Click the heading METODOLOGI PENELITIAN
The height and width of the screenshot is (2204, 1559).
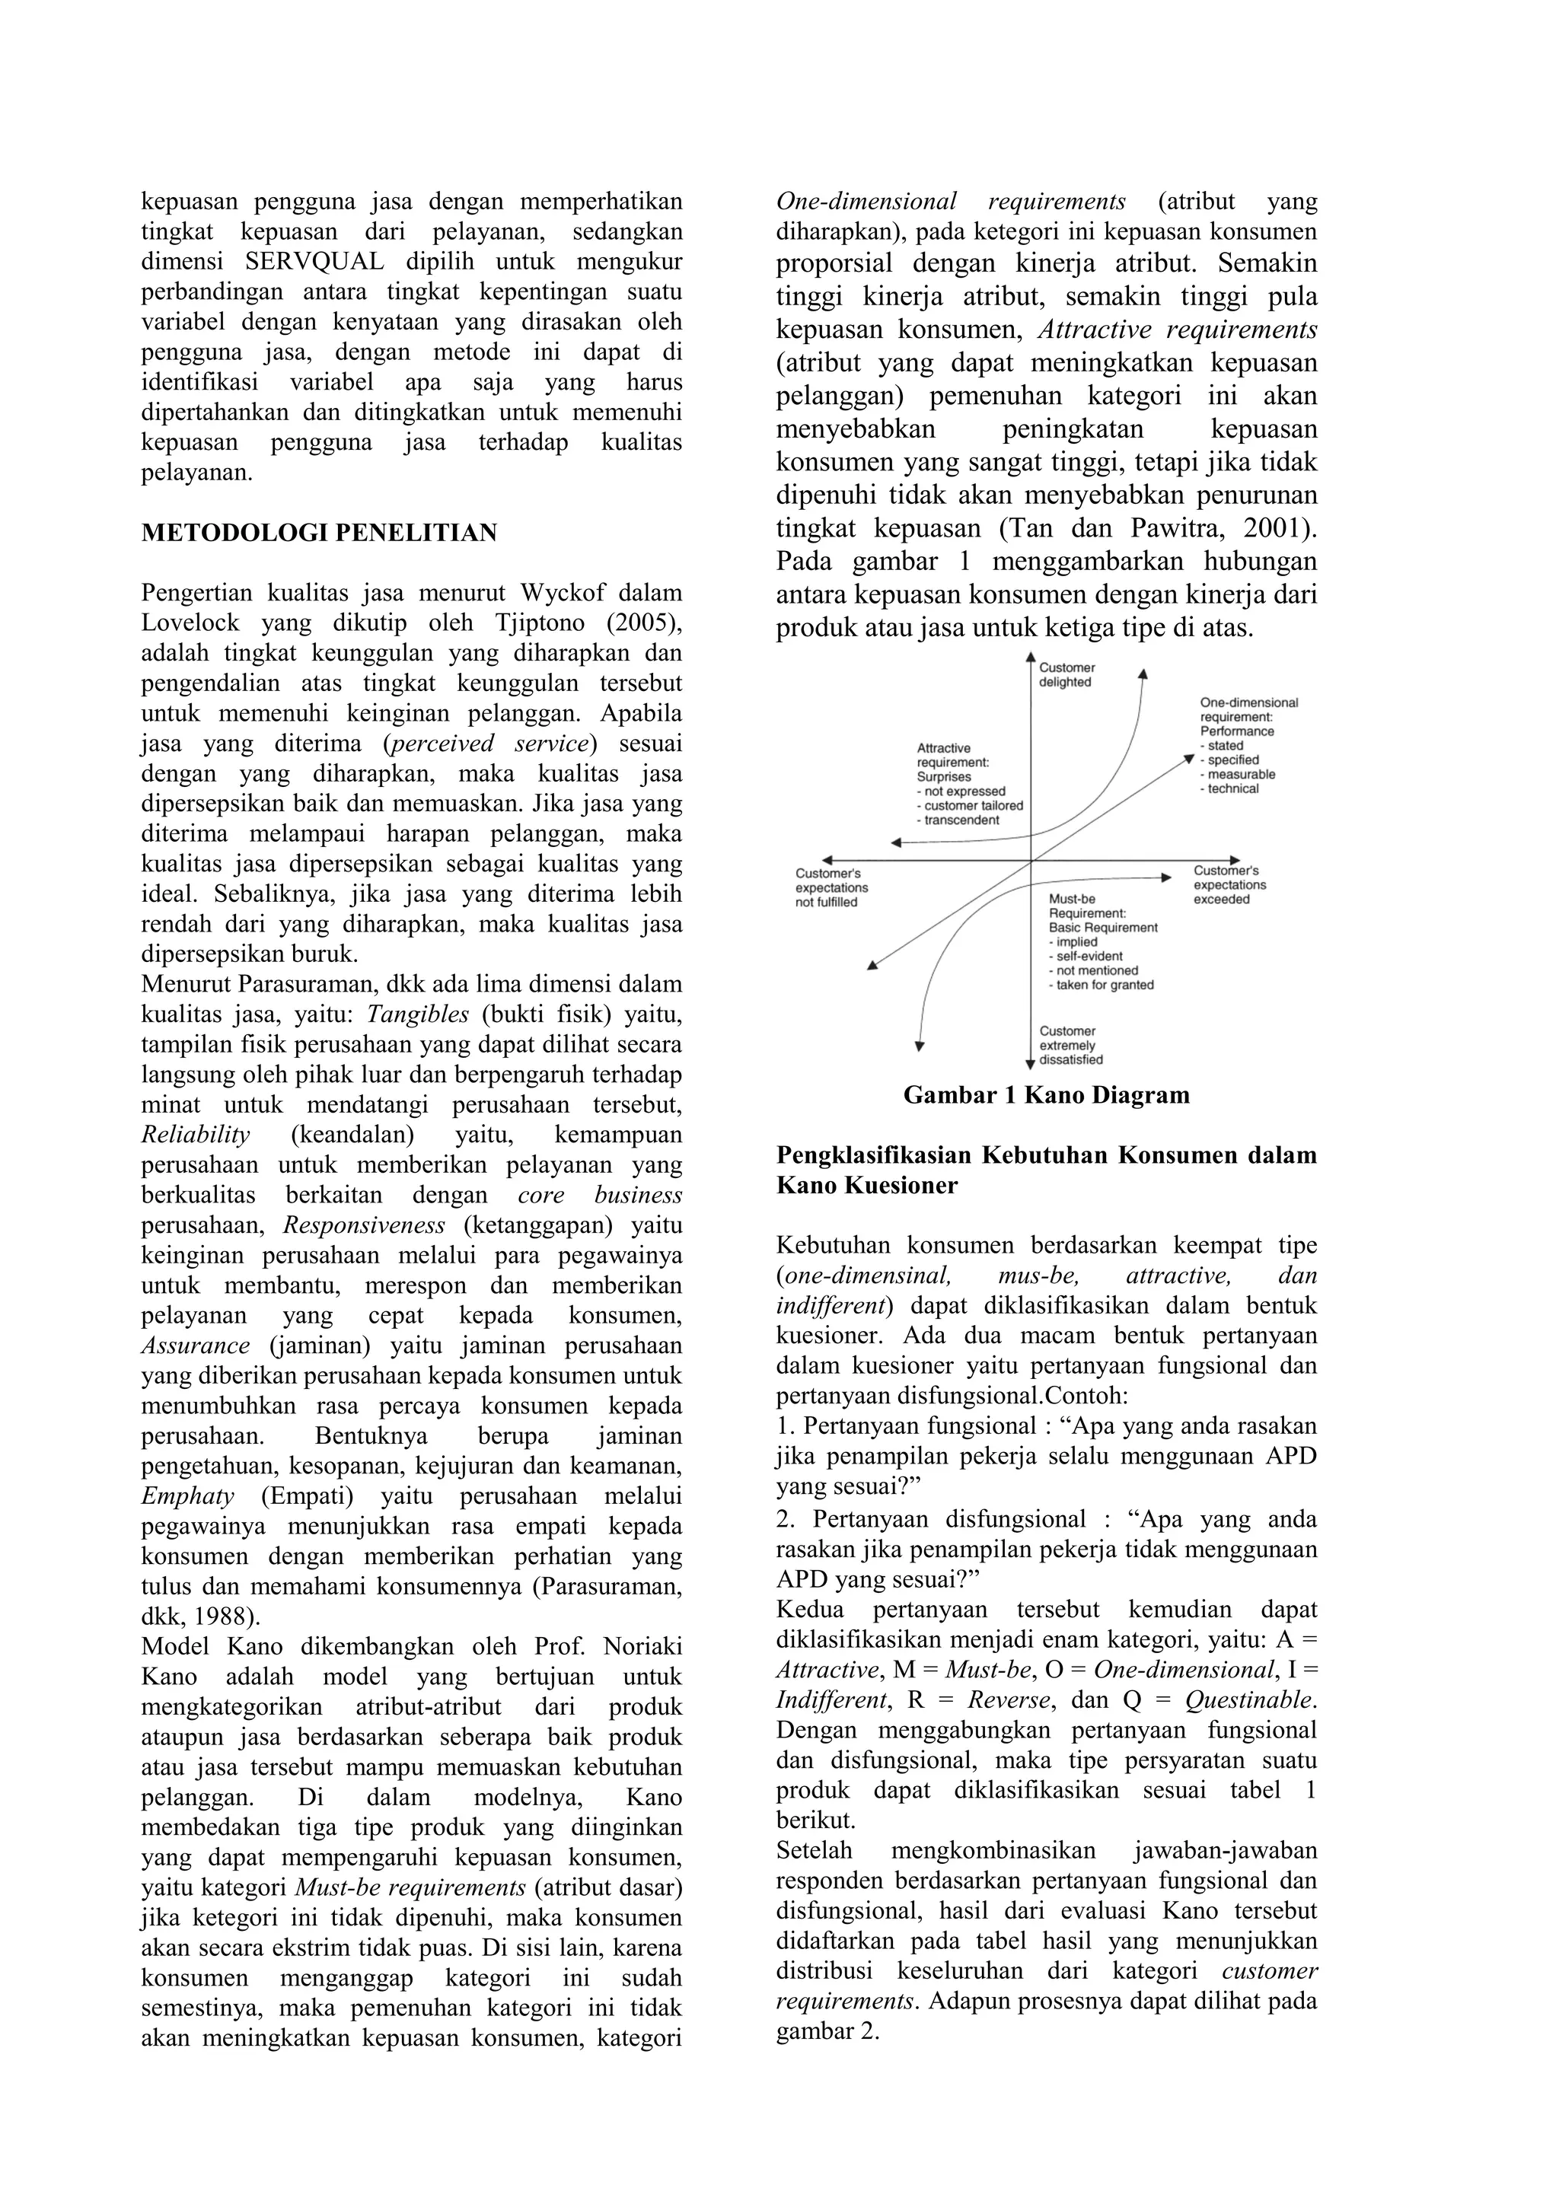click(319, 533)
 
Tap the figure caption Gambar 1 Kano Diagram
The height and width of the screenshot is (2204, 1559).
click(1047, 1095)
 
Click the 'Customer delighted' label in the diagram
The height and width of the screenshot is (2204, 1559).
click(1066, 675)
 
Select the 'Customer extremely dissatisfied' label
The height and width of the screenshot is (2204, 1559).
click(1071, 1046)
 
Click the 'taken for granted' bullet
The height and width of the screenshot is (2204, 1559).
click(1104, 985)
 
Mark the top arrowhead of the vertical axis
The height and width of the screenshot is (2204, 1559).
click(1030, 658)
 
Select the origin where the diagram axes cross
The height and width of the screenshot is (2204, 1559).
click(1030, 861)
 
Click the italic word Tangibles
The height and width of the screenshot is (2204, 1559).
click(418, 1014)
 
